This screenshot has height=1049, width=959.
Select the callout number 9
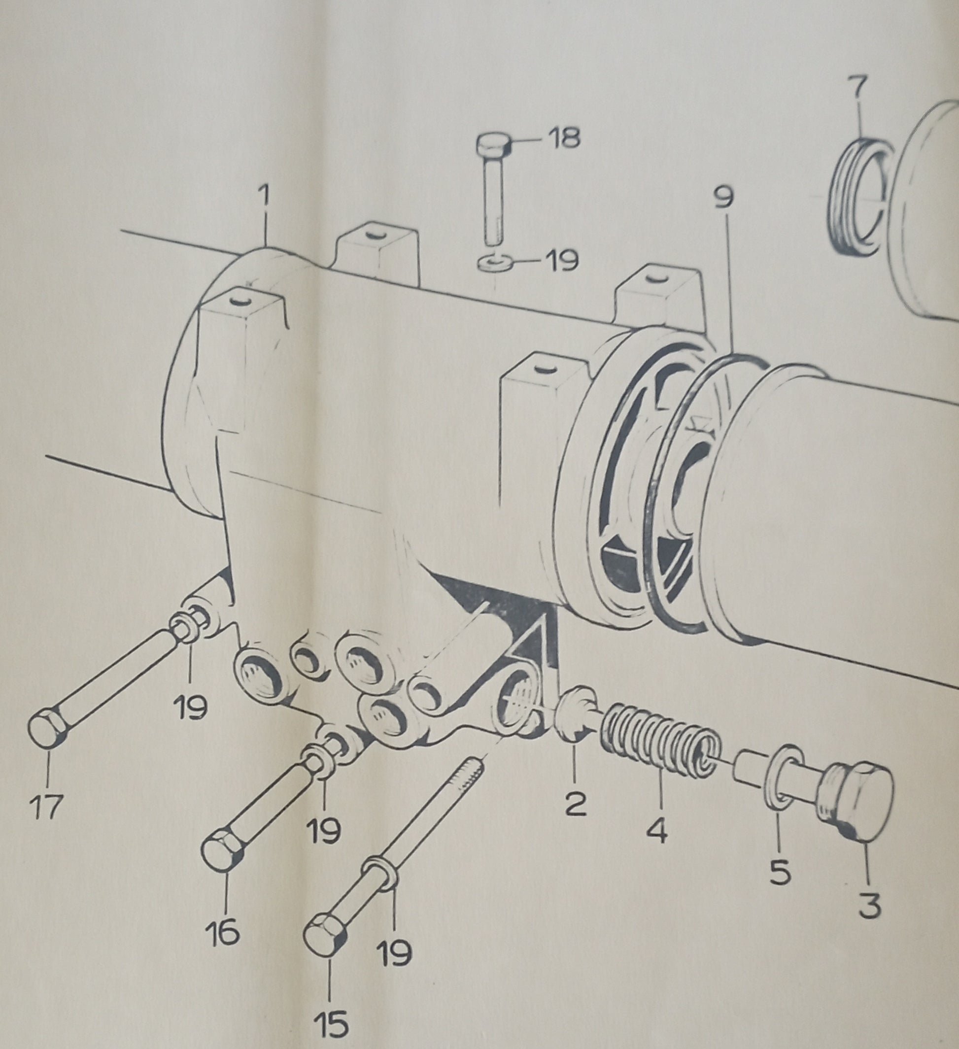(x=724, y=198)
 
